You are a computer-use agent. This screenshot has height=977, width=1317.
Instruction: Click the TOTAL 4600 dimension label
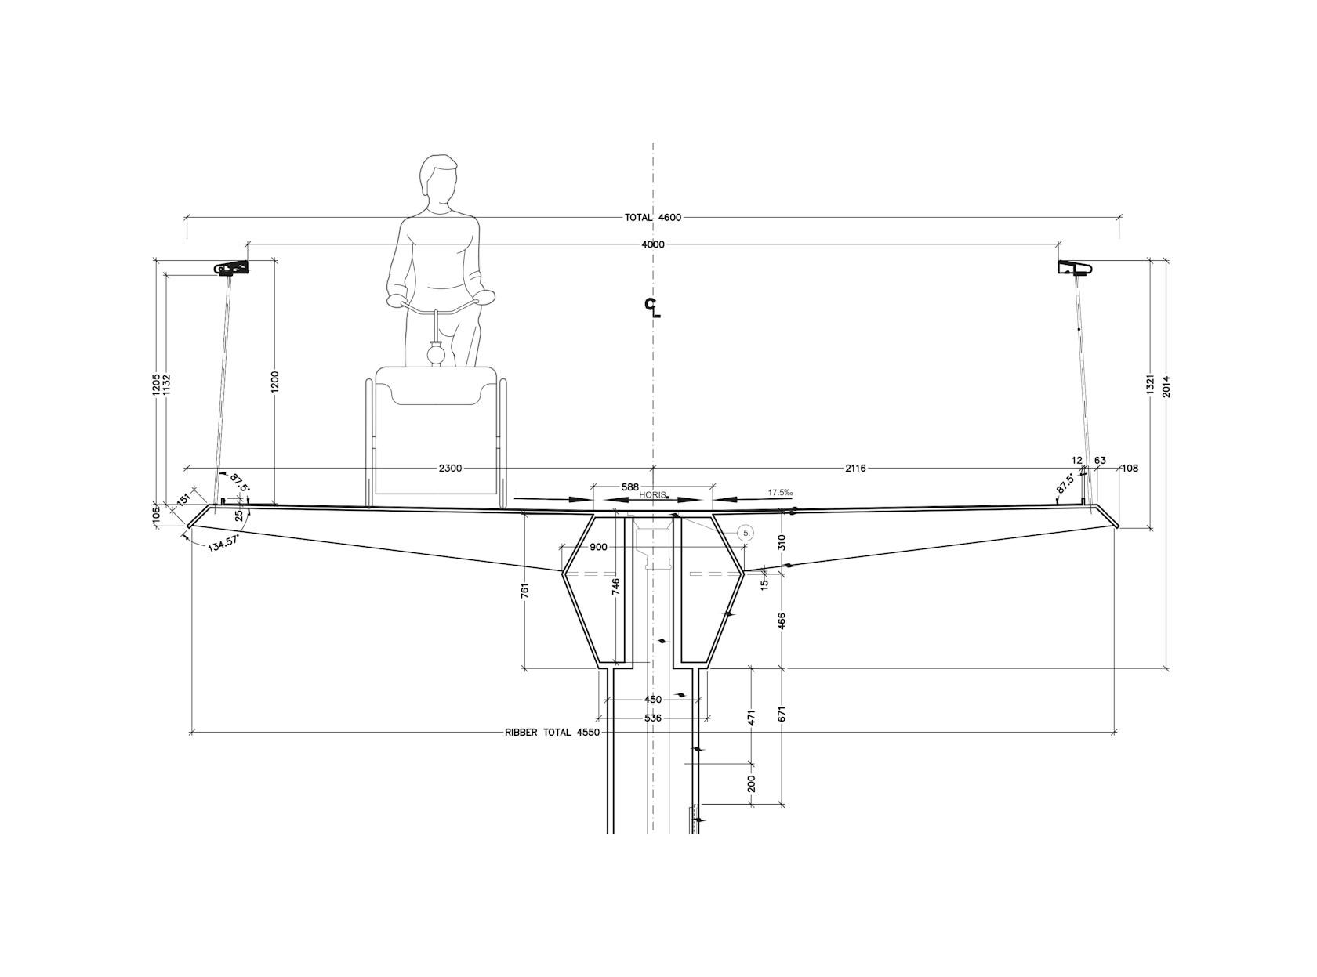[x=652, y=217]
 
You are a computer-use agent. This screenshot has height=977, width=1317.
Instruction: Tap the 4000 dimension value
[x=653, y=244]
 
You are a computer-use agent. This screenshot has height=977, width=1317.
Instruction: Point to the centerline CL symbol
[x=652, y=308]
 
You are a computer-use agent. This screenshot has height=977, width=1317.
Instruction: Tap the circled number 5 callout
[x=746, y=533]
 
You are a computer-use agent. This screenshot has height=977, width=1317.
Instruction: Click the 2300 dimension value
[x=450, y=469]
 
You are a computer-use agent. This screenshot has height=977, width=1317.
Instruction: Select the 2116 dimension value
[x=855, y=469]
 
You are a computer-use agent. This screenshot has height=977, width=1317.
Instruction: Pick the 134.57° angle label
[x=223, y=545]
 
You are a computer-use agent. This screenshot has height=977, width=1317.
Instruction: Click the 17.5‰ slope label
[x=780, y=493]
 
